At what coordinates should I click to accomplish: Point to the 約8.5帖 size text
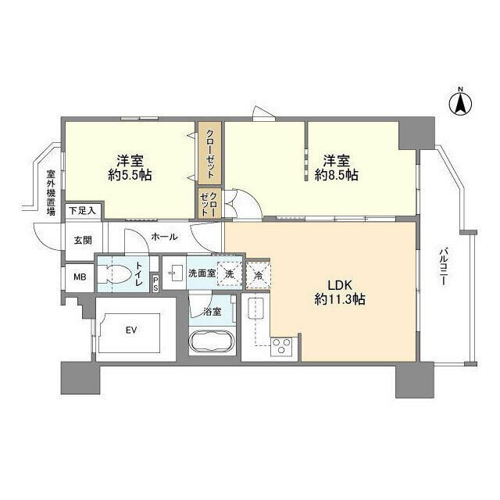337,176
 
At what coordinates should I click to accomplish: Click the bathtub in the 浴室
212,344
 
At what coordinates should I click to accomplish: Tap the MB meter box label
80,277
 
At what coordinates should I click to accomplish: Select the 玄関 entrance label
83,241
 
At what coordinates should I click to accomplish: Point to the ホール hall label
164,237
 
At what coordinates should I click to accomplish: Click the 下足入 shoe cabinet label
81,210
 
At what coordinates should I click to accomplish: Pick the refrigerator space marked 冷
257,274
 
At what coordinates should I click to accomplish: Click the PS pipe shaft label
155,283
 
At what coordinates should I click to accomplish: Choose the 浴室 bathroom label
212,312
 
